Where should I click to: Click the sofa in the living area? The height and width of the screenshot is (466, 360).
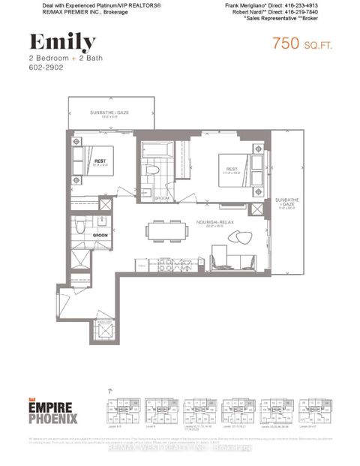tap(225, 261)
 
